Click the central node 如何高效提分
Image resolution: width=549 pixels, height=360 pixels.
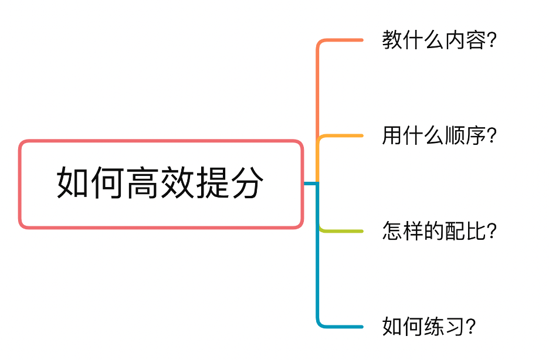[161, 184]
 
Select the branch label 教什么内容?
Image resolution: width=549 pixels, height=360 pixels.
[439, 40]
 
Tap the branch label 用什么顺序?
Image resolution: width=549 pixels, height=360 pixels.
[439, 136]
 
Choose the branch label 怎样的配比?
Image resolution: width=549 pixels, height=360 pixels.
[439, 231]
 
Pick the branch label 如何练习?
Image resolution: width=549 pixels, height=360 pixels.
[429, 327]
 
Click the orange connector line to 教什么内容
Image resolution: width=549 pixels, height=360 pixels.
[340, 40]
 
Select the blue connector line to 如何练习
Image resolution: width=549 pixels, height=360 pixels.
[340, 326]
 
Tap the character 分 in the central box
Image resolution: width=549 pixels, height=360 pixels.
[247, 184]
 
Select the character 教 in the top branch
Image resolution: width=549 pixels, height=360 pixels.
[392, 40]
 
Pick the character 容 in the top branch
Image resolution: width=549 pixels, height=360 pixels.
[476, 40]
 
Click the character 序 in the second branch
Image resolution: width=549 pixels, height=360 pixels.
[476, 136]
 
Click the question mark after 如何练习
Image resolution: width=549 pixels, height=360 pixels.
[470, 327]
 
